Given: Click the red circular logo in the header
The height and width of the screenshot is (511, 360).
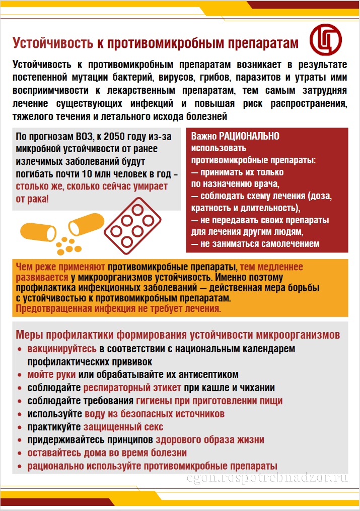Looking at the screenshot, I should [x=326, y=41].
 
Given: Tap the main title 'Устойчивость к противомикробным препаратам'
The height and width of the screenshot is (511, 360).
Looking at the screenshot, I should [x=155, y=43].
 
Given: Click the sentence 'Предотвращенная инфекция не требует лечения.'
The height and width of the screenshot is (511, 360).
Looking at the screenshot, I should [x=119, y=308].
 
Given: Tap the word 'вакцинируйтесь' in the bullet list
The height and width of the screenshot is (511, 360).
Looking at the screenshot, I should [x=62, y=349].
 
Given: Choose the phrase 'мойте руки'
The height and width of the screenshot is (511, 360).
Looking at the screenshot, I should [x=52, y=375].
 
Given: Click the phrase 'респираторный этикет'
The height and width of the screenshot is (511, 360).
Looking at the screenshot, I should [x=129, y=388].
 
